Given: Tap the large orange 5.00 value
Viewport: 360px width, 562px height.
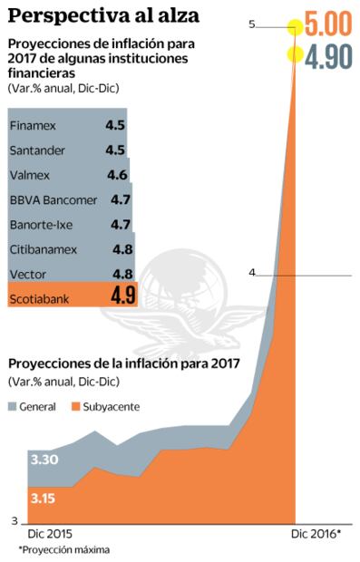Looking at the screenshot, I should pyautogui.click(x=327, y=25).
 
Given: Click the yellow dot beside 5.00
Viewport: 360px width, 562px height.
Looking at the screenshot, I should pyautogui.click(x=296, y=26).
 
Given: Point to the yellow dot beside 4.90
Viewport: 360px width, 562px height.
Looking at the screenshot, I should pyautogui.click(x=295, y=54).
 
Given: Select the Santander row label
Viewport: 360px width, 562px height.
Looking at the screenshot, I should pyautogui.click(x=36, y=150).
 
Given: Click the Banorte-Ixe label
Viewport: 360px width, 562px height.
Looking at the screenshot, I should pyautogui.click(x=40, y=223).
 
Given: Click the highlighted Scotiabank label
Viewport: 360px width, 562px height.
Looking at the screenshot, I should pyautogui.click(x=38, y=296).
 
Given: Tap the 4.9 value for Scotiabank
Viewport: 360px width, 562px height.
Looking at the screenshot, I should pyautogui.click(x=122, y=296).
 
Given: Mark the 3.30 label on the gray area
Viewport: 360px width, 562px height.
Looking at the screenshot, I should pyautogui.click(x=44, y=460).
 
